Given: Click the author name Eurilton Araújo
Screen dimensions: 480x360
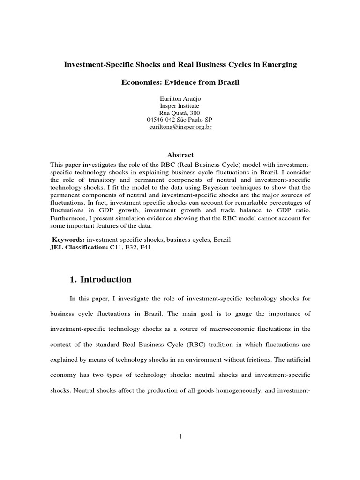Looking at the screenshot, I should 180,99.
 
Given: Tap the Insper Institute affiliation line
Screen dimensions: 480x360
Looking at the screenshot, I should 180,106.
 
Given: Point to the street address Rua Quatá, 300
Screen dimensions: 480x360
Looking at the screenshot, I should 180,113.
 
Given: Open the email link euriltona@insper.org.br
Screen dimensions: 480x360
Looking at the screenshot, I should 180,127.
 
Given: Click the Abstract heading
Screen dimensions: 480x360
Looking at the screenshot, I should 180,155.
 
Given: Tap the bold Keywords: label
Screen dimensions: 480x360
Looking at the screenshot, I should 67,240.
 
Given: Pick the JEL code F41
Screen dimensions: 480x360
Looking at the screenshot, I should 144,247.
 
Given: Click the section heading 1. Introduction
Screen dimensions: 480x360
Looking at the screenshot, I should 100,280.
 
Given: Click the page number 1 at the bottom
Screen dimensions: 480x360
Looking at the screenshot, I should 180,436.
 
